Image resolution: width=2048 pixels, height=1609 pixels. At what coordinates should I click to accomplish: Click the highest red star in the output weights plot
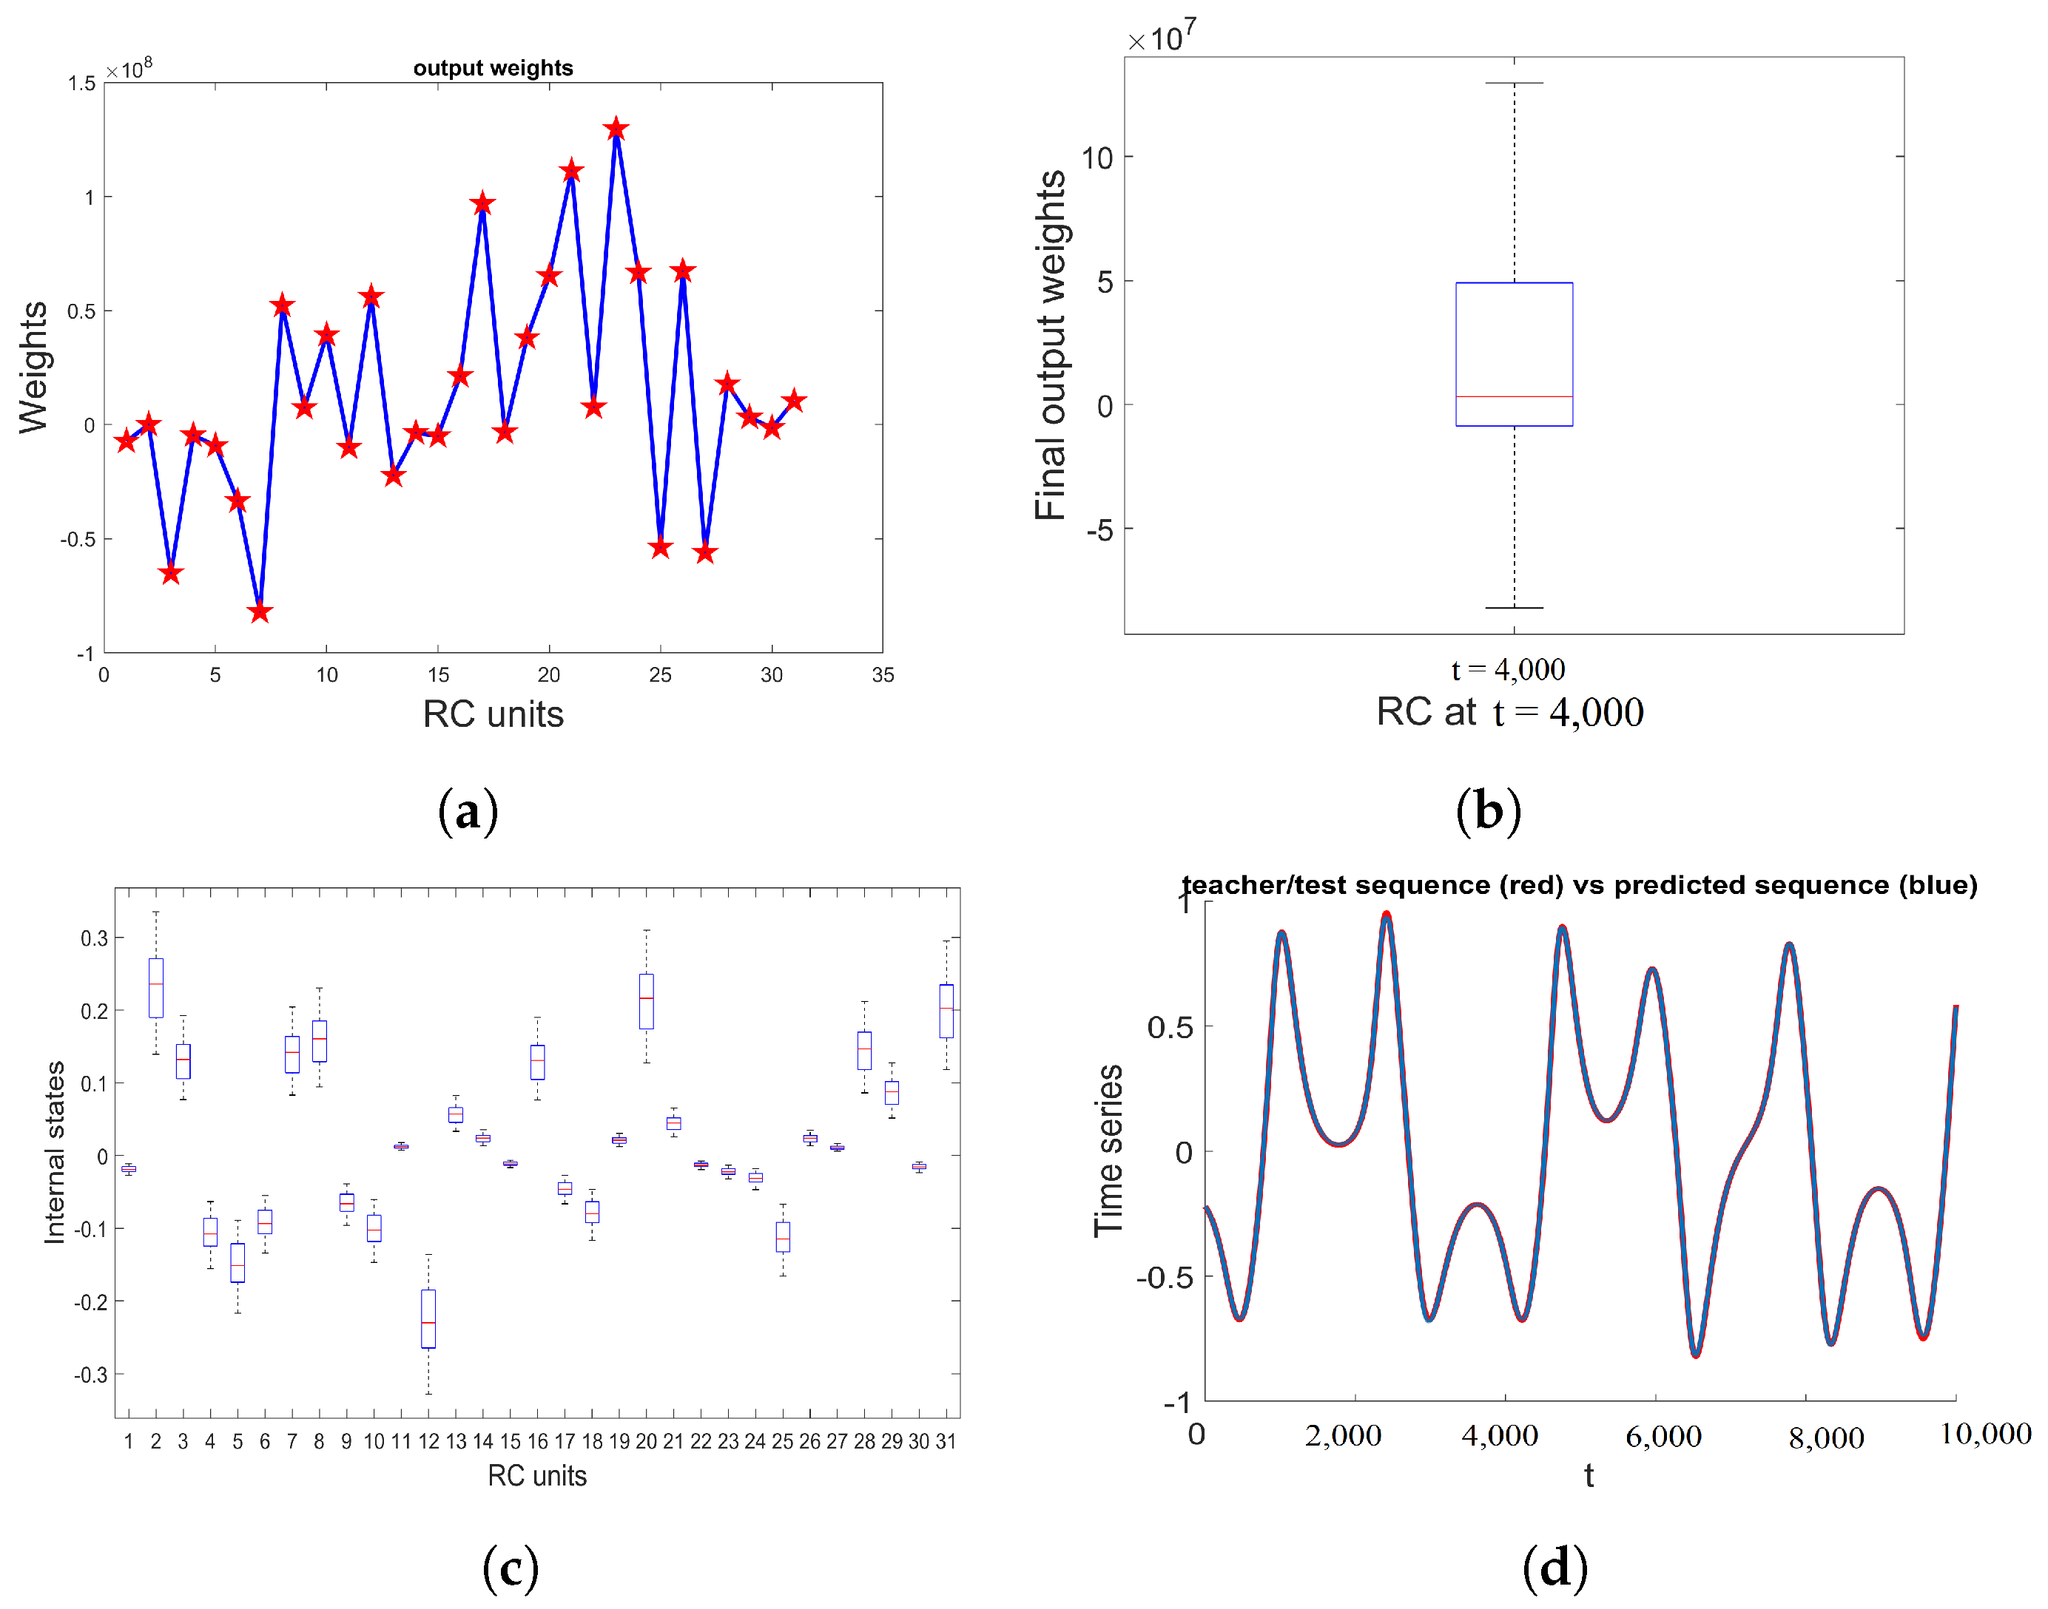pyautogui.click(x=616, y=129)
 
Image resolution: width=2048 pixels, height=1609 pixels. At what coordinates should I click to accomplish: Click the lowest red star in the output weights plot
pyautogui.click(x=260, y=612)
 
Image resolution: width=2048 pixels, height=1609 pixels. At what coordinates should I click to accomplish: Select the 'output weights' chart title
pyautogui.click(x=493, y=68)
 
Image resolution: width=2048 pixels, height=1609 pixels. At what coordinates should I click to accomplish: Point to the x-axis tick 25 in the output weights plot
pyautogui.click(x=660, y=674)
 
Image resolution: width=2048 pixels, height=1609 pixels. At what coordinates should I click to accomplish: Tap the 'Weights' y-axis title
pyautogui.click(x=34, y=367)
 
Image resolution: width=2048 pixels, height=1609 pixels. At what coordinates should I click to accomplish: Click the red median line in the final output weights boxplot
pyautogui.click(x=1514, y=396)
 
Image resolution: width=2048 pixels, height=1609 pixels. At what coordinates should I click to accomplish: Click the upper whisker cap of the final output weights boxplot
pyautogui.click(x=1514, y=83)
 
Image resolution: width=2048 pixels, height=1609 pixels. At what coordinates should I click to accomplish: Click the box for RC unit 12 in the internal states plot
pyautogui.click(x=428, y=1319)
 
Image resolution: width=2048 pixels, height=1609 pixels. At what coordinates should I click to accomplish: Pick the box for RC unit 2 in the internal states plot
pyautogui.click(x=155, y=987)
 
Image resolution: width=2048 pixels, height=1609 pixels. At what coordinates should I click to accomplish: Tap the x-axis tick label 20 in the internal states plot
pyautogui.click(x=646, y=1441)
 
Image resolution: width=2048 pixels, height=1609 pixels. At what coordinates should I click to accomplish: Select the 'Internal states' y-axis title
pyautogui.click(x=55, y=1152)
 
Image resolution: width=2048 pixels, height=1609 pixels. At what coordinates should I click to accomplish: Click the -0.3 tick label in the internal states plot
pyautogui.click(x=92, y=1375)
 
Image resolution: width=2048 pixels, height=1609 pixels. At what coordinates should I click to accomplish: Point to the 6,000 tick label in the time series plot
pyautogui.click(x=1663, y=1437)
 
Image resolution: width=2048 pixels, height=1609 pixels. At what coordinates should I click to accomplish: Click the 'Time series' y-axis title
pyautogui.click(x=1109, y=1151)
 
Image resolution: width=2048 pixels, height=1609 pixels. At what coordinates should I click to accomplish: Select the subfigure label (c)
pyautogui.click(x=510, y=1568)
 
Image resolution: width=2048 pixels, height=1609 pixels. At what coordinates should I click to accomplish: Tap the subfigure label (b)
pyautogui.click(x=1488, y=811)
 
